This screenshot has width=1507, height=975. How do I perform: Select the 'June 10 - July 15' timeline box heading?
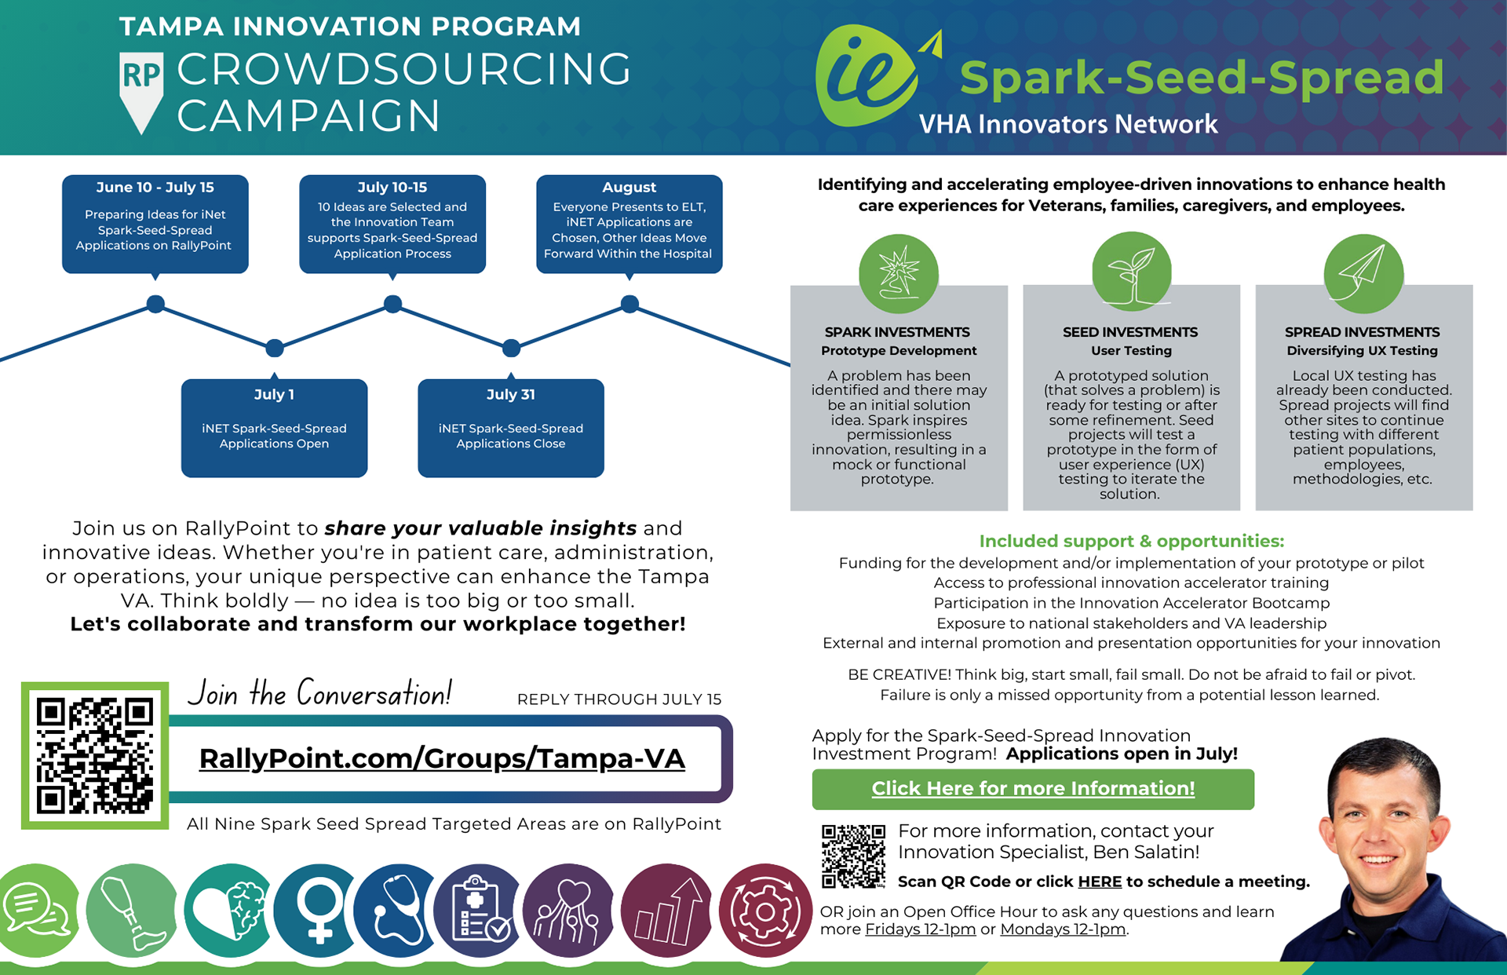pos(155,188)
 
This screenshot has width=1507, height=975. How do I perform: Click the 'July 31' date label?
pos(510,395)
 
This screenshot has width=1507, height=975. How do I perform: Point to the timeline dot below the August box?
pos(629,304)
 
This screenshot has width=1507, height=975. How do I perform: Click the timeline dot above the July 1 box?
pos(274,347)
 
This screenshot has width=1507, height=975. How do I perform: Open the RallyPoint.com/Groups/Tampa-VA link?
pos(442,759)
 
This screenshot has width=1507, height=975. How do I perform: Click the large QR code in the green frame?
pos(95,755)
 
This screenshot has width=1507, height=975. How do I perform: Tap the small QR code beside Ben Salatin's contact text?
pos(853,856)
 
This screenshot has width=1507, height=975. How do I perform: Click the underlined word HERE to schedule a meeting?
pos(1100,882)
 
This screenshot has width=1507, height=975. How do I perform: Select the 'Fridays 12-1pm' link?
pos(920,929)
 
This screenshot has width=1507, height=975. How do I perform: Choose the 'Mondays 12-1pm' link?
pos(1062,929)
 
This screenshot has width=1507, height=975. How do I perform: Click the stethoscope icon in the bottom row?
pos(396,911)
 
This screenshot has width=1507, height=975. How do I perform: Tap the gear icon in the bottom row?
pos(764,911)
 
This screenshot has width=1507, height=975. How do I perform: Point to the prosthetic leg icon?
pos(132,911)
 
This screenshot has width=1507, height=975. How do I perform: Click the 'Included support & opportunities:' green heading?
pos(1131,541)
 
